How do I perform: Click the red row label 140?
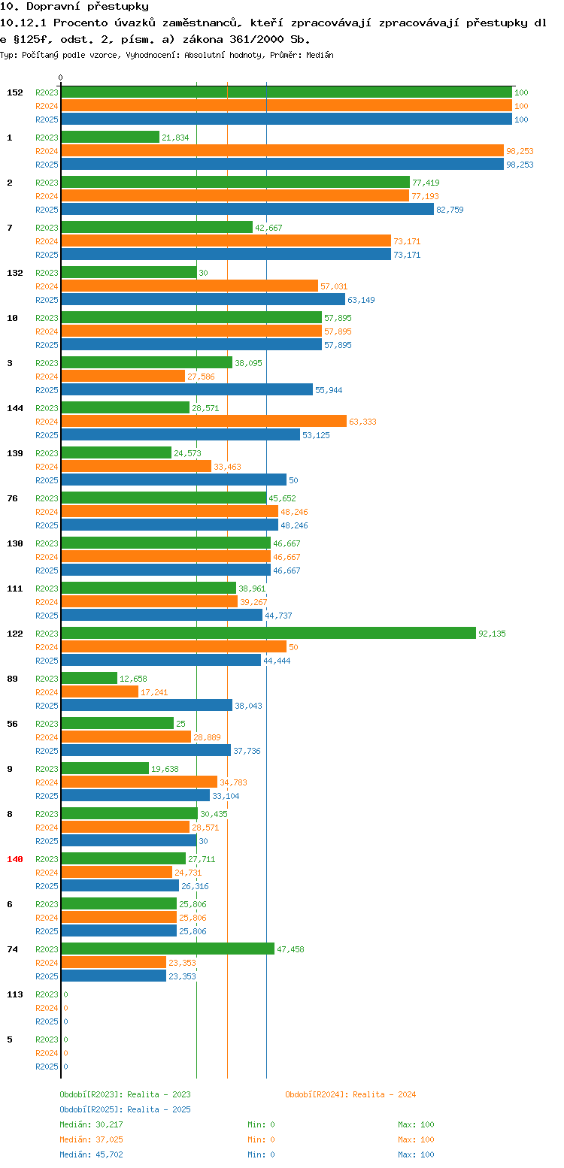[x=15, y=859]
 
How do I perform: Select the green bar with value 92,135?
[x=268, y=633]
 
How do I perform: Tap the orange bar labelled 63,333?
[x=204, y=421]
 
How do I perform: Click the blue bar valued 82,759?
[x=247, y=209]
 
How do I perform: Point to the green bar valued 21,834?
[x=111, y=137]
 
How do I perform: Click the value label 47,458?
[x=290, y=949]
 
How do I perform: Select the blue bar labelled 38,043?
[x=147, y=705]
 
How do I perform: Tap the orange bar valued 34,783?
[x=139, y=782]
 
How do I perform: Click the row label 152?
[x=15, y=92]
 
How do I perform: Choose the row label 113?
[x=15, y=994]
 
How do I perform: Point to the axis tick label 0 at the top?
[x=61, y=77]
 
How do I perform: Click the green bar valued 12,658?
[x=89, y=678]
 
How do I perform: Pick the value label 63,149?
[x=361, y=300]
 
